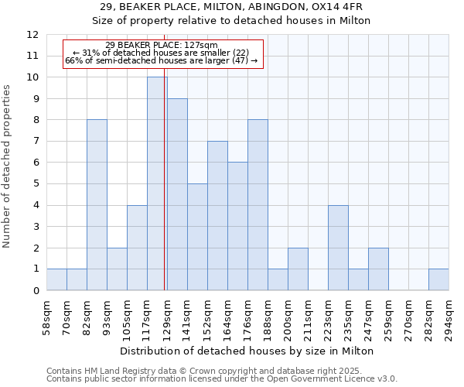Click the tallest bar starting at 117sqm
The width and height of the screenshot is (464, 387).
pos(157,183)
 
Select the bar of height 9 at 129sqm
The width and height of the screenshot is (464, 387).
pos(177,194)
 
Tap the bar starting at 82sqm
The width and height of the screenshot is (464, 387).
pos(97,205)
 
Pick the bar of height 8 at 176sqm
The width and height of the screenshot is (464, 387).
pos(258,205)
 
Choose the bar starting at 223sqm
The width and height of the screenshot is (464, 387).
pos(338,248)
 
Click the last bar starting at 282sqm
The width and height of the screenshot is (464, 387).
pos(438,279)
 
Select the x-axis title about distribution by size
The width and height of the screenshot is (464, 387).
pos(247,351)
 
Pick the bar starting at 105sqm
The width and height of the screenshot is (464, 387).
pos(137,248)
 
